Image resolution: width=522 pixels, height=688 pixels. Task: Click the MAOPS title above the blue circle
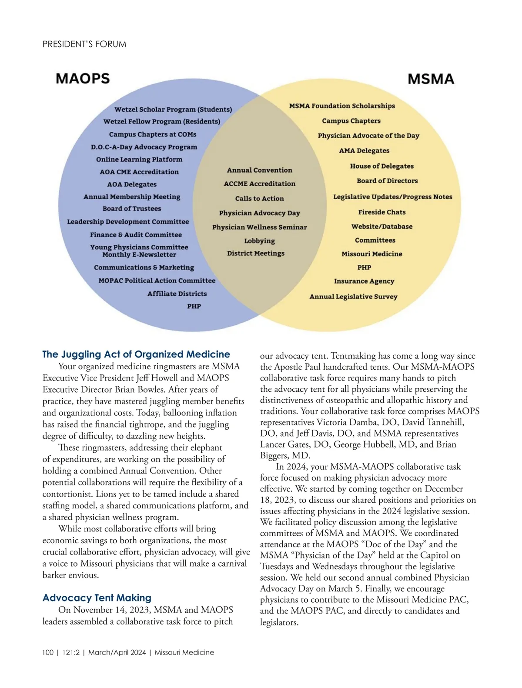pos(83,79)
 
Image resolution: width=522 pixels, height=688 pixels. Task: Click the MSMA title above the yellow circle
pos(431,79)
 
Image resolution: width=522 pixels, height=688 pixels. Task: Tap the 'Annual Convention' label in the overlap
pos(259,170)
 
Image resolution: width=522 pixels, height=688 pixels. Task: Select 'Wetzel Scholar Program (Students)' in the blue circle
pos(173,109)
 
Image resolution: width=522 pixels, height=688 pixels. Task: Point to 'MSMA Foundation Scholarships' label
pos(342,106)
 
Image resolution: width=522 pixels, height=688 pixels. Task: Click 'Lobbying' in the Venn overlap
pos(259,240)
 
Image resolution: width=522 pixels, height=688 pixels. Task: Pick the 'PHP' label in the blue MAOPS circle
pos(194,306)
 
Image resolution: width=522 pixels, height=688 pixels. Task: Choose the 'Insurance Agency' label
pos(364,281)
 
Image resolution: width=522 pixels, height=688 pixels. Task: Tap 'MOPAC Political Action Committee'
pos(157,281)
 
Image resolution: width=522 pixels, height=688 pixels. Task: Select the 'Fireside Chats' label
pos(382,212)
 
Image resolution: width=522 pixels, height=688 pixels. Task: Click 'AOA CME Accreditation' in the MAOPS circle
pos(139,172)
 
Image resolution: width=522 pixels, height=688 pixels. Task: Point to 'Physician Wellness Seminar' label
pos(259,227)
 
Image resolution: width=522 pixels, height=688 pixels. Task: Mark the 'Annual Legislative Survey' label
pos(353,297)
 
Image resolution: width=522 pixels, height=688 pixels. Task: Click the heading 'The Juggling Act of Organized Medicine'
pos(136,354)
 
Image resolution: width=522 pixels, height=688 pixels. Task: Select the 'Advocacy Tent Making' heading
pos(97,598)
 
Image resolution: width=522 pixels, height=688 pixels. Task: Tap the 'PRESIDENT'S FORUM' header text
pos(84,44)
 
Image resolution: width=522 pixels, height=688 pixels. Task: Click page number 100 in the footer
pos(48,652)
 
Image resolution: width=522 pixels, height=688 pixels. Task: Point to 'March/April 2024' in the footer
pos(117,652)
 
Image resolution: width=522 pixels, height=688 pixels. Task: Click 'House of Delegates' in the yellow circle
pos(381,166)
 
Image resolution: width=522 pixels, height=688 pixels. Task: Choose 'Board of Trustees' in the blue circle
pos(132,209)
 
